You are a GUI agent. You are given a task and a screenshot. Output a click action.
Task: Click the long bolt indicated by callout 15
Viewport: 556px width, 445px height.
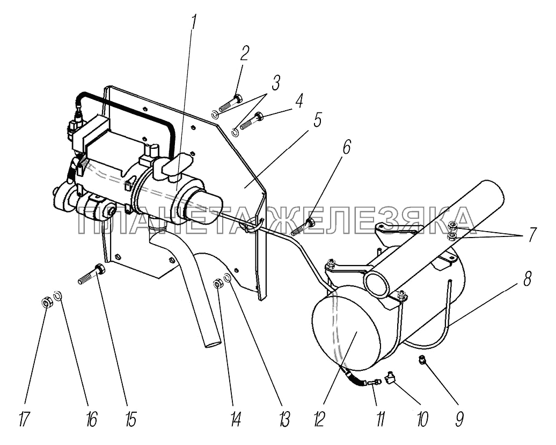coord(91,274)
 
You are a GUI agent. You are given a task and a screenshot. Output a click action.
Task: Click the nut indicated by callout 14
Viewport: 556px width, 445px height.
coord(217,284)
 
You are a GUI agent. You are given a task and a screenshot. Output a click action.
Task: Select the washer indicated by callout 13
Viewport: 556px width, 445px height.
coord(228,276)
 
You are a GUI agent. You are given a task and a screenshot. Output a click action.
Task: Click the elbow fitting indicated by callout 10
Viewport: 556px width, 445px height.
coord(391,376)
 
